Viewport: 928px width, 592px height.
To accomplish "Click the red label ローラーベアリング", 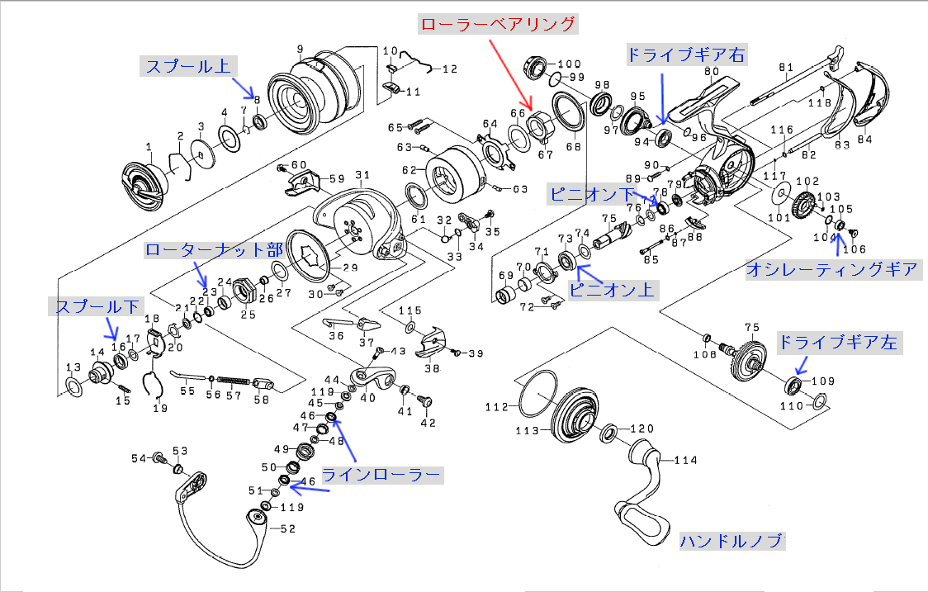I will pyautogui.click(x=497, y=24).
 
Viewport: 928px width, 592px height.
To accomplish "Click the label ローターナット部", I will pyautogui.click(x=213, y=250).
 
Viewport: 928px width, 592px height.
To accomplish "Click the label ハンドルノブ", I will pyautogui.click(x=732, y=542).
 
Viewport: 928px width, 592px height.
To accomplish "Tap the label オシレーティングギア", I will pyautogui.click(x=831, y=269).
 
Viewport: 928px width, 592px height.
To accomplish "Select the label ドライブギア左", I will pyautogui.click(x=837, y=342).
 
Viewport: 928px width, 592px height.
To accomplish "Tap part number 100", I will pyautogui.click(x=571, y=64).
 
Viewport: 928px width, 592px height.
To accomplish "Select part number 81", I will pyautogui.click(x=785, y=67).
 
